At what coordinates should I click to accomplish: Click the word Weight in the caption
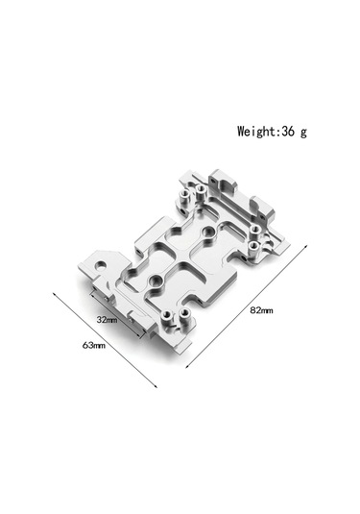(256, 131)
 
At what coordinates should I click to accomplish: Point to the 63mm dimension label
(94, 343)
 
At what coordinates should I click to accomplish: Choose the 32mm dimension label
(107, 317)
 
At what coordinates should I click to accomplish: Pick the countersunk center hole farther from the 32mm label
(207, 233)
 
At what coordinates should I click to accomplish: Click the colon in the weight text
(278, 132)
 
